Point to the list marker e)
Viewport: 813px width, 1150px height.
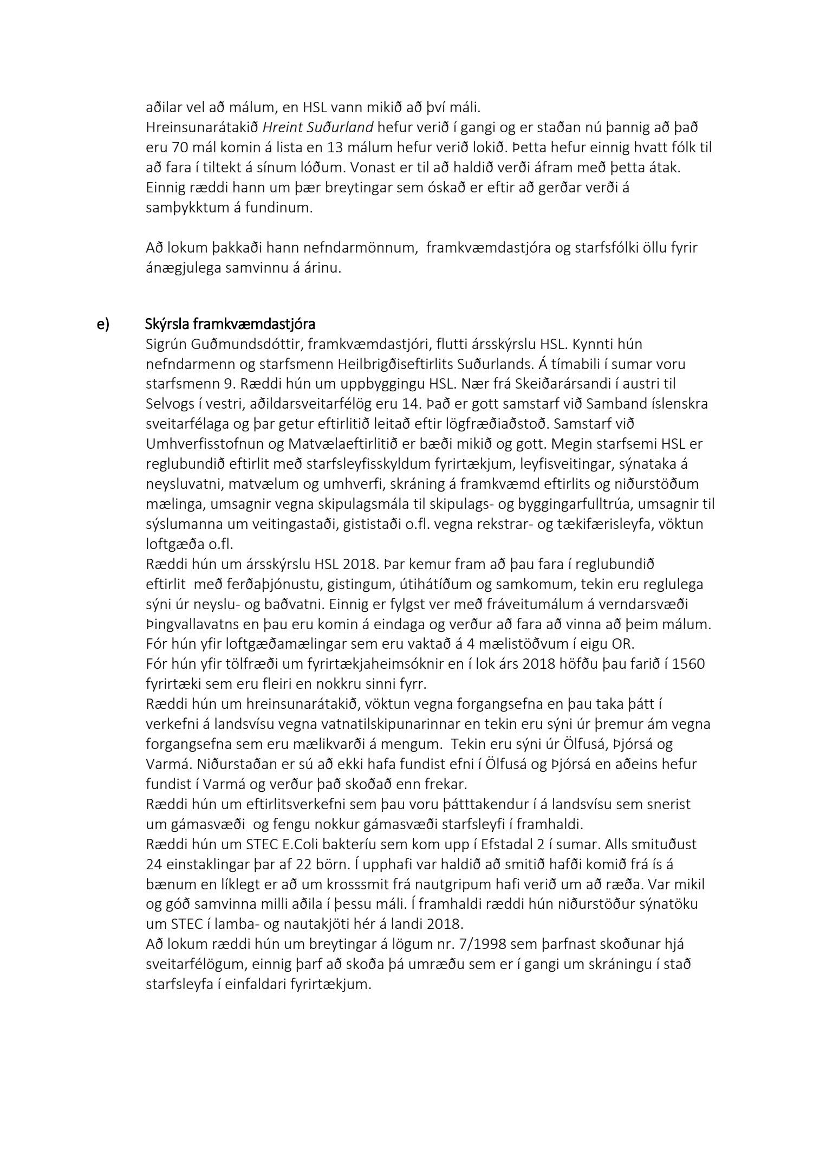[x=103, y=324]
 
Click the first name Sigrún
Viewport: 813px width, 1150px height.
[x=165, y=344]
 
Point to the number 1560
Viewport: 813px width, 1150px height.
[x=688, y=664]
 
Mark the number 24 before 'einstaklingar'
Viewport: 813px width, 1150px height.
[x=153, y=864]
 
